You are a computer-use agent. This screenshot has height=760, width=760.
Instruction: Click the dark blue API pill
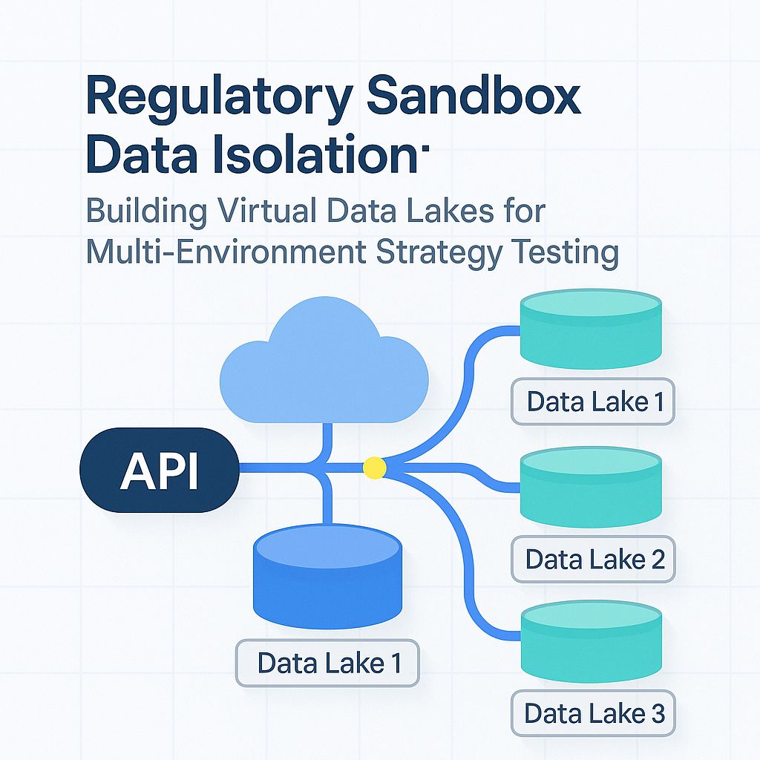[x=159, y=469]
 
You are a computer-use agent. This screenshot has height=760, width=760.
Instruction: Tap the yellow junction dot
[x=373, y=468]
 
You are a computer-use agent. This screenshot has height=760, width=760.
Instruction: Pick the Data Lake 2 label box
[x=594, y=559]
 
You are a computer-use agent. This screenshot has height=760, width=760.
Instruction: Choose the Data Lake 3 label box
[x=594, y=713]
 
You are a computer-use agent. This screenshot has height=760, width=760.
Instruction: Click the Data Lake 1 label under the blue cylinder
[x=327, y=663]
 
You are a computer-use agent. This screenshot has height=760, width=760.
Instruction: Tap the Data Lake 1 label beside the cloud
[x=594, y=402]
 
